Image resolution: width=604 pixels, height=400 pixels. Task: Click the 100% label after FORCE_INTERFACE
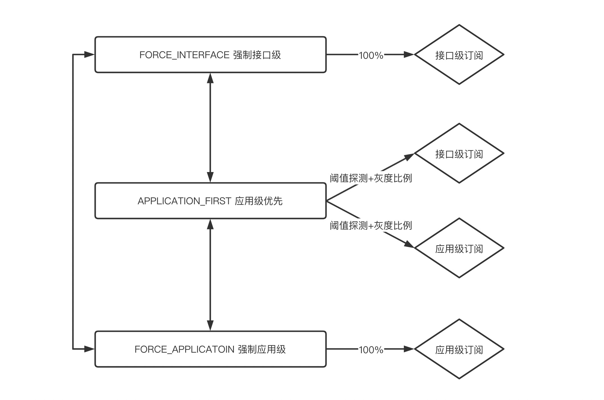coord(371,55)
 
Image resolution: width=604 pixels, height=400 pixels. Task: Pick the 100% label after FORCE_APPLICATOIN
coord(371,350)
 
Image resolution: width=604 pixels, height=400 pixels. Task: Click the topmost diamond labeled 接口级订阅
coord(459,55)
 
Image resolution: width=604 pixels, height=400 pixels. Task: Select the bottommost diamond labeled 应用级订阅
coord(459,349)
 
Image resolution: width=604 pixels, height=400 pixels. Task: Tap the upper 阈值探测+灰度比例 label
coord(371,178)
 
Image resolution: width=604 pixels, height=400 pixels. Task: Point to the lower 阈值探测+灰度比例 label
coord(371,225)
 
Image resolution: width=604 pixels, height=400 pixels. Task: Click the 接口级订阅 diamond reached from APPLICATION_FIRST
coord(459,153)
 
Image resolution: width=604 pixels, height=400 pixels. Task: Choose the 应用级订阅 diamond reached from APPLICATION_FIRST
coord(459,248)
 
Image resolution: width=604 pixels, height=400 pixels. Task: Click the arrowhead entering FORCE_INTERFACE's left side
coord(89,54)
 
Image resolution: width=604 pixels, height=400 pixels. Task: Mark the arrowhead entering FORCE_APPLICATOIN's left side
coord(89,349)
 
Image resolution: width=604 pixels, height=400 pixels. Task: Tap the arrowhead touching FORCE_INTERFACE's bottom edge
coord(210,78)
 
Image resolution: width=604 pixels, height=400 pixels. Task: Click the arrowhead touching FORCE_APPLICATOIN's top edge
coord(210,325)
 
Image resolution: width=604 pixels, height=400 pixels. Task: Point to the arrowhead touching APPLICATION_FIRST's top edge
coord(210,177)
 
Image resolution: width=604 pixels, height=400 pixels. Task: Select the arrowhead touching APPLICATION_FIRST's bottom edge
coord(210,225)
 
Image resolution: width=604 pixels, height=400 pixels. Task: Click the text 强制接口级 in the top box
coord(257,55)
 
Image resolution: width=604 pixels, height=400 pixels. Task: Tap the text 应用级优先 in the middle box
coord(258,201)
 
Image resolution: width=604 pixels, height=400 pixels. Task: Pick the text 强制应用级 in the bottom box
coord(262,349)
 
